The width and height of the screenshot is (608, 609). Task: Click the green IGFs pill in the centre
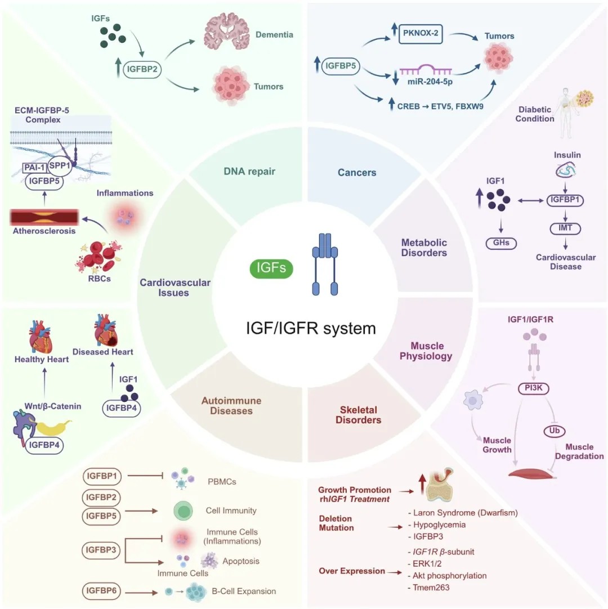[271, 268]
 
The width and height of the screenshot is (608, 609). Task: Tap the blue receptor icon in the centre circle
[325, 264]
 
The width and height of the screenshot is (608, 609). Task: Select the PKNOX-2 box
[421, 33]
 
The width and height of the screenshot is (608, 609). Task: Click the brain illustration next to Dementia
[227, 31]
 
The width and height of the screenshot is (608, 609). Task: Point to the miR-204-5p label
[430, 82]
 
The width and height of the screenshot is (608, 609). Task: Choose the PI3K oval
[534, 388]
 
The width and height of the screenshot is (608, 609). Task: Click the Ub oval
[555, 431]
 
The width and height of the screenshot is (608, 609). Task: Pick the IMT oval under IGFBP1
[565, 229]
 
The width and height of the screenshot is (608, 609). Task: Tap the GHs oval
[501, 243]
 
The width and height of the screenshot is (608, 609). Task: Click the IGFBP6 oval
[101, 591]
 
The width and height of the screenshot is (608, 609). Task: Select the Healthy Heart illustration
[41, 337]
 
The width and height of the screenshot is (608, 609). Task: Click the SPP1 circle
[60, 166]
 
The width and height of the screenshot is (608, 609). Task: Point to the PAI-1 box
[34, 167]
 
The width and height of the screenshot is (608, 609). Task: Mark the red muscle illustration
[532, 473]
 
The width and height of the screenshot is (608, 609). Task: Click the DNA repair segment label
[249, 171]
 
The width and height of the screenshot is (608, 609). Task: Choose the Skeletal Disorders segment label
[358, 415]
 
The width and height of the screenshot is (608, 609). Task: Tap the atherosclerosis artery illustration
[44, 217]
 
